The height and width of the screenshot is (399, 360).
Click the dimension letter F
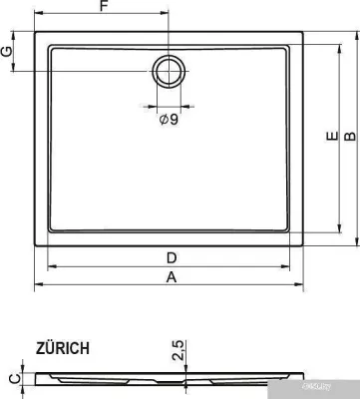(x=103, y=8)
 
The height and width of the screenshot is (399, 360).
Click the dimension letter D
(x=172, y=258)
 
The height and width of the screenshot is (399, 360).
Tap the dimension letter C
(x=11, y=377)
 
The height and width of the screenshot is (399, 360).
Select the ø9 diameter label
(x=169, y=120)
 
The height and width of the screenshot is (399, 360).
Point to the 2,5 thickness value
(x=178, y=350)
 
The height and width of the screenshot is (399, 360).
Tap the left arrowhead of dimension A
(x=39, y=286)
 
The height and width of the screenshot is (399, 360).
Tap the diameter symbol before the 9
(x=163, y=120)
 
